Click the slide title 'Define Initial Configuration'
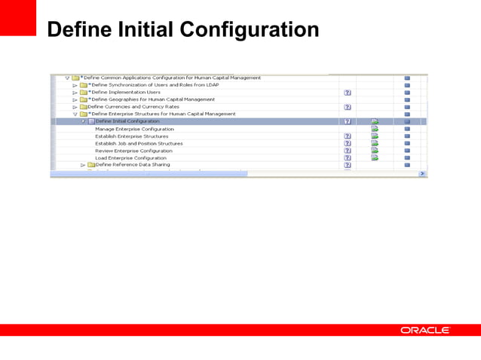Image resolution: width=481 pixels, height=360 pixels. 182,30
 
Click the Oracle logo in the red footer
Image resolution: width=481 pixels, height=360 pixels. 425,330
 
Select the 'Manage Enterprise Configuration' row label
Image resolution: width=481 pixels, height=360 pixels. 134,129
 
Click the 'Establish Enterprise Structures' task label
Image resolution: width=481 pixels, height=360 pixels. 132,136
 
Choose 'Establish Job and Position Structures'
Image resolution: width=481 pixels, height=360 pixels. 139,143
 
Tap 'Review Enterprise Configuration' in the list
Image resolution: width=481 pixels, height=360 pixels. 133,151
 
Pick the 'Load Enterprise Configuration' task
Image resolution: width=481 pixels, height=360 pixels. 130,158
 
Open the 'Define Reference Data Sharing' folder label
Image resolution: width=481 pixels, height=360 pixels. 133,165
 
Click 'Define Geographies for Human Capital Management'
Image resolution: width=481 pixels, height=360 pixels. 152,99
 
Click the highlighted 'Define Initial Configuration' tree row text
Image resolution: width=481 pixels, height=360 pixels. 127,121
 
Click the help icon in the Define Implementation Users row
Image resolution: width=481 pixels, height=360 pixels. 348,92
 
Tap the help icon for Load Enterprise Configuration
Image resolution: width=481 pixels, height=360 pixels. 348,158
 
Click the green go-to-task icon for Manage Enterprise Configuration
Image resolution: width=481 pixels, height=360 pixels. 375,129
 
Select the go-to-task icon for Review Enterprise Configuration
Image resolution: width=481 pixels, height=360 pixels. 375,151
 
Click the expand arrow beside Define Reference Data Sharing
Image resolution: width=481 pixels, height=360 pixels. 83,165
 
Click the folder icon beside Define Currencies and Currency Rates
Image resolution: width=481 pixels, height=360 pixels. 83,107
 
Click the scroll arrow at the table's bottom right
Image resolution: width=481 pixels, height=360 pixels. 422,173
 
